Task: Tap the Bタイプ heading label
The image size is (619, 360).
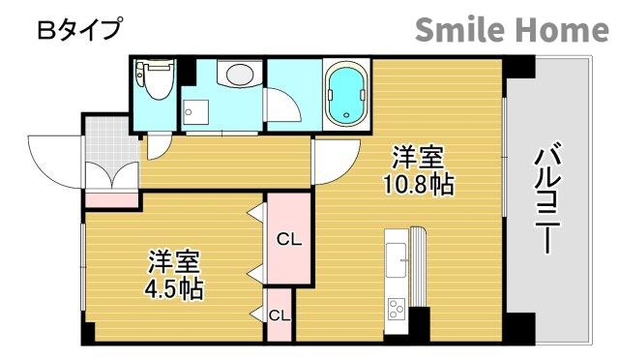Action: pos(79,30)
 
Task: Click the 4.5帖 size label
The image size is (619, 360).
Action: pos(175,287)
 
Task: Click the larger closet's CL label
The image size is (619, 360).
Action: pos(288,239)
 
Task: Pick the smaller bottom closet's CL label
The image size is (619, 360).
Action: pos(279,315)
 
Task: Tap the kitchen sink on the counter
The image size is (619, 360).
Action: pos(398,256)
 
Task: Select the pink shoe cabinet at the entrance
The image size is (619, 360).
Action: pos(112,200)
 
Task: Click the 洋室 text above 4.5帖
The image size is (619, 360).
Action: pos(174,261)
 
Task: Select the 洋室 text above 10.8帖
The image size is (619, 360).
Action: pos(418,157)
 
